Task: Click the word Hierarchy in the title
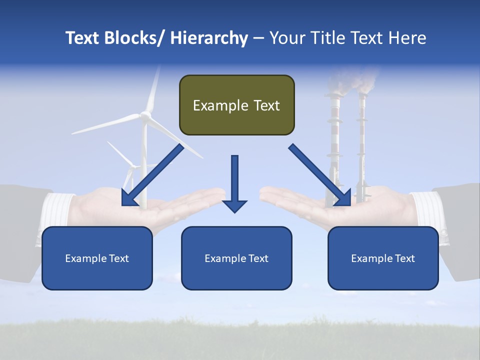tap(209, 38)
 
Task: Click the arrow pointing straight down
tap(234, 183)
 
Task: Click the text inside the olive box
tap(236, 105)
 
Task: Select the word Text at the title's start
tap(82, 38)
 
